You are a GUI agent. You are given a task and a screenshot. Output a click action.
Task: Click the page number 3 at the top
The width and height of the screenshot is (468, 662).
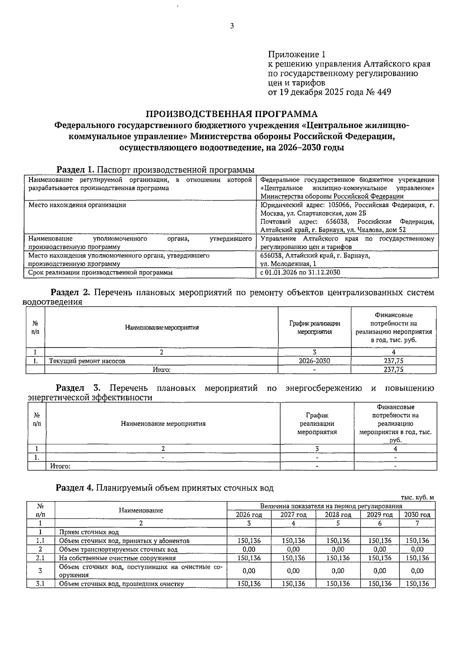tap(232, 26)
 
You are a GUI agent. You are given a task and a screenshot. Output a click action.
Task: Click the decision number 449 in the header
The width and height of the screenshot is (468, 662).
tap(384, 92)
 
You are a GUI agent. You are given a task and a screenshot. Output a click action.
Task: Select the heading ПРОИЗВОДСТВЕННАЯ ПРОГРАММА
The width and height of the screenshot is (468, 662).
tap(232, 114)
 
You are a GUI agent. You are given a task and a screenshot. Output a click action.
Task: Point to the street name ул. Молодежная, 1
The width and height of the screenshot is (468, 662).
tap(288, 264)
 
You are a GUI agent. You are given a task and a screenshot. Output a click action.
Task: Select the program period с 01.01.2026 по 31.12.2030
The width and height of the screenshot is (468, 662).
tap(300, 272)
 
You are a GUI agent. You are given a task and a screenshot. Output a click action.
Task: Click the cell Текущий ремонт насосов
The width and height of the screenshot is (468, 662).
tap(87, 361)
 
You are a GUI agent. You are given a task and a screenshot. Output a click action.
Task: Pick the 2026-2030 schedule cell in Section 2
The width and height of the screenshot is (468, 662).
tap(314, 361)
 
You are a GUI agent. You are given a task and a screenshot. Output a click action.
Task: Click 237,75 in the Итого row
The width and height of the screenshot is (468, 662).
tap(393, 370)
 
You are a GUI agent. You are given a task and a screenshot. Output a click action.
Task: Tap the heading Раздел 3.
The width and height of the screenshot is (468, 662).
tap(78, 388)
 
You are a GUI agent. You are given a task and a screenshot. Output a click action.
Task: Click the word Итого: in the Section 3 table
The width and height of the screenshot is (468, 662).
tap(60, 466)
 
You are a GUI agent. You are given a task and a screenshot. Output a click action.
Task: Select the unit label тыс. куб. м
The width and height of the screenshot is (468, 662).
tap(417, 497)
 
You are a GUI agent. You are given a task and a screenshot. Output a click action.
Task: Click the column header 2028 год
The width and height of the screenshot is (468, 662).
tap(338, 515)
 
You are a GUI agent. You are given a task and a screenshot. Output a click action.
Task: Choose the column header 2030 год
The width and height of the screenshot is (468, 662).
tap(417, 515)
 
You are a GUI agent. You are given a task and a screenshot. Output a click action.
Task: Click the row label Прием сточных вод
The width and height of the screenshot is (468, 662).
tap(89, 532)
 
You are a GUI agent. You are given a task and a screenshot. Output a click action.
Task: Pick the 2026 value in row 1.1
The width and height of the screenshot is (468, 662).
tap(249, 541)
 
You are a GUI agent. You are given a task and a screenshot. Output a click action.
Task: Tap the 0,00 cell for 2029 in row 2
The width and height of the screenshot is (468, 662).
tap(379, 549)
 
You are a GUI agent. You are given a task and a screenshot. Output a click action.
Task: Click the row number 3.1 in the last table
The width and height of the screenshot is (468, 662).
tap(40, 584)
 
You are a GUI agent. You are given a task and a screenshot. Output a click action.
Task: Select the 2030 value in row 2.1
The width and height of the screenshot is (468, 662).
tap(417, 558)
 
